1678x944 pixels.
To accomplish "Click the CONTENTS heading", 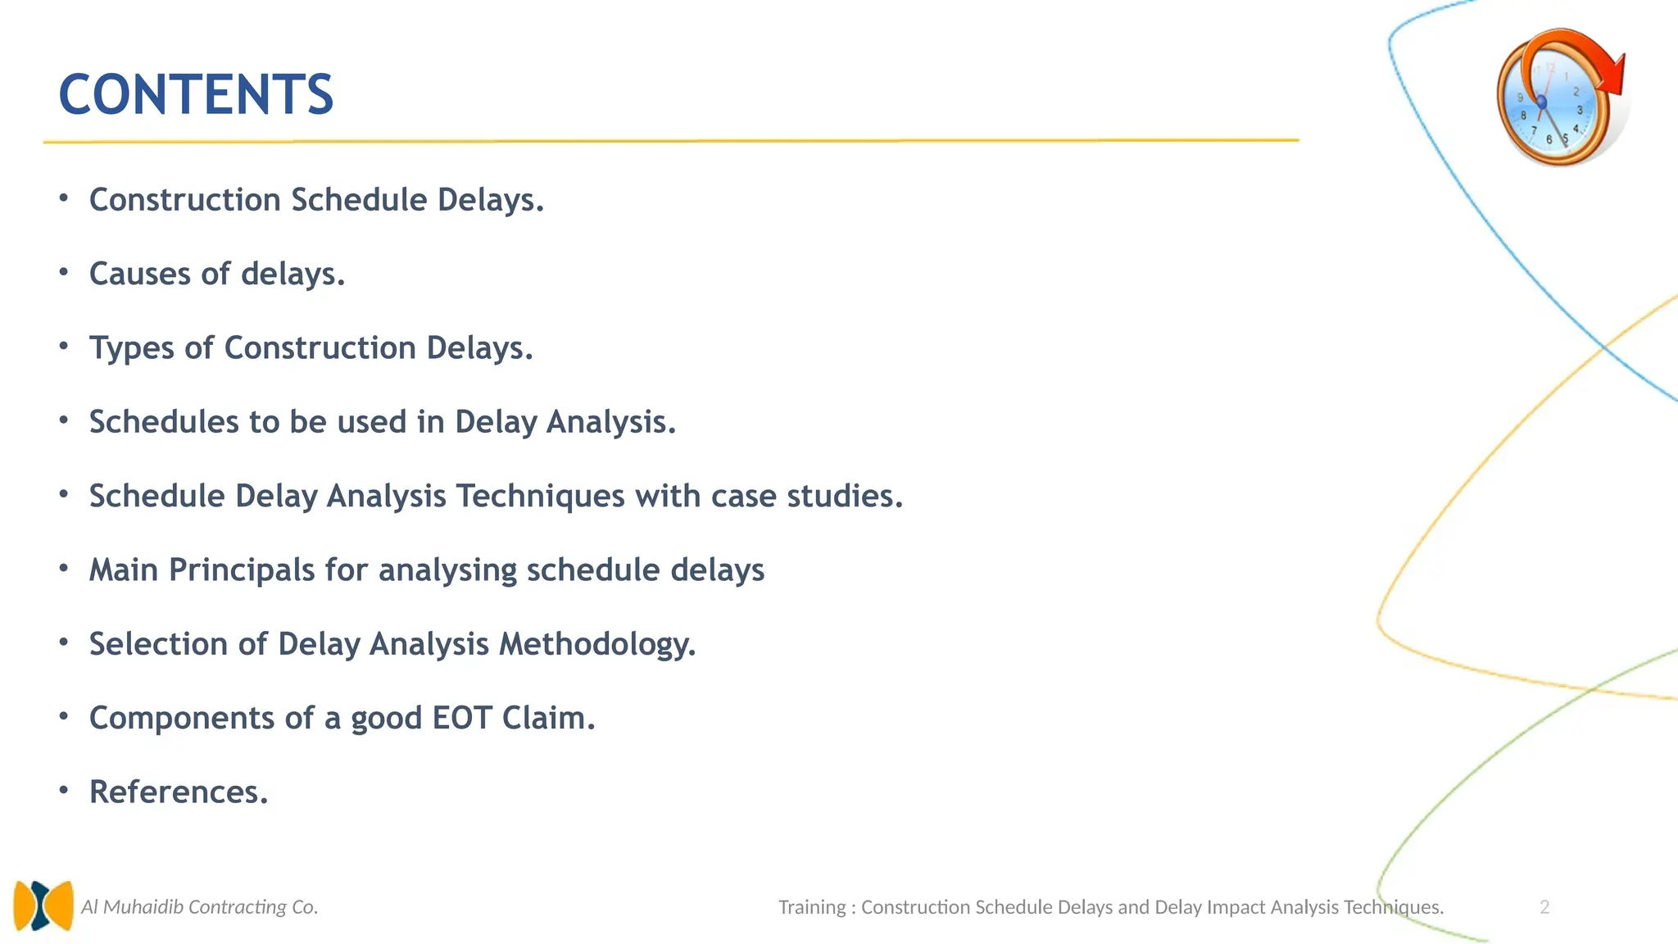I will click(x=196, y=94).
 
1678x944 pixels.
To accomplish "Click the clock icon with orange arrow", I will click(x=1557, y=98).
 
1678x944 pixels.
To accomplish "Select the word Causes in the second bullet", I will click(x=139, y=274).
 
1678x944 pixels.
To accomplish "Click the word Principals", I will click(x=242, y=570).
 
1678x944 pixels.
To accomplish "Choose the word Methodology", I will click(x=597, y=644).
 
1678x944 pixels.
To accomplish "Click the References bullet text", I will click(x=179, y=792).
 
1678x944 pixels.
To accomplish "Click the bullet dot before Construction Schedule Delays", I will click(x=64, y=197).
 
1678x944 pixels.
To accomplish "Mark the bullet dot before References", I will click(x=64, y=790).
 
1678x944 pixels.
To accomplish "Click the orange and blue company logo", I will click(x=43, y=905).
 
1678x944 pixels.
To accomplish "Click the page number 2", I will click(x=1544, y=907).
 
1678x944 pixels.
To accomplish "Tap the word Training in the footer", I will click(x=811, y=907).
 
